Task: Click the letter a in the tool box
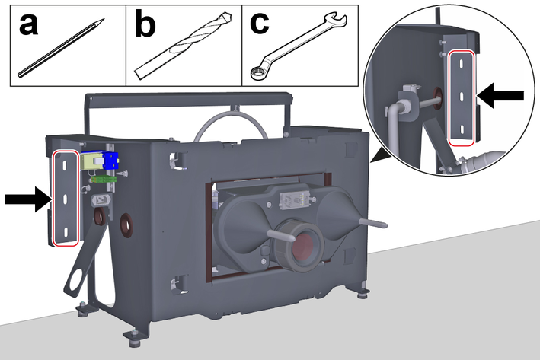pos(28,24)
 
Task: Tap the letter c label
pos(259,24)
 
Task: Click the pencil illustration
pos(61,47)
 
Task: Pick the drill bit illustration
pos(183,46)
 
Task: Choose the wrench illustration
pos(299,46)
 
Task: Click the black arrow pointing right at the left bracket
pos(28,199)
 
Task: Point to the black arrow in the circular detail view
pos(500,95)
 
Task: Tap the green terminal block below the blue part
pos(103,179)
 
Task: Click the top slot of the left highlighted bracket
pos(65,164)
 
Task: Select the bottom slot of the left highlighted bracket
pos(65,233)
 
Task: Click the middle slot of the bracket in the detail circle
pos(462,97)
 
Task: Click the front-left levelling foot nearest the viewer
pos(133,338)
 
